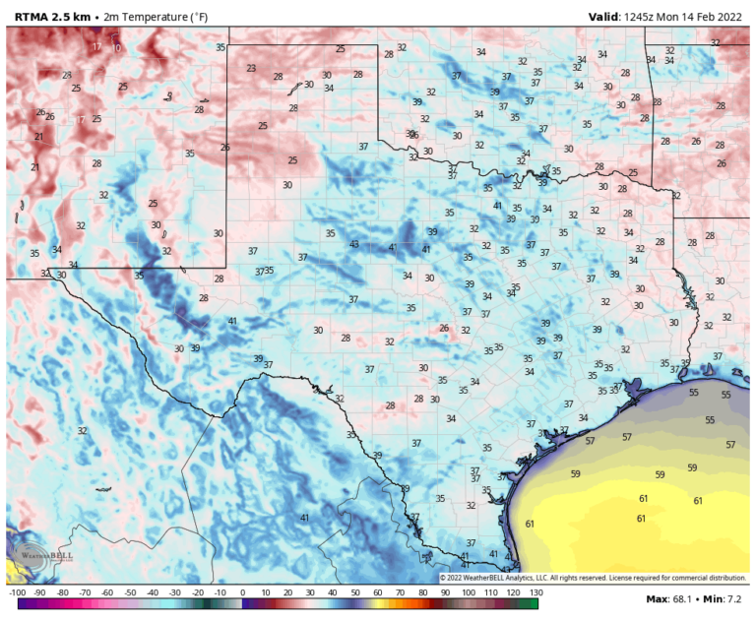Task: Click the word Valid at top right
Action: pyautogui.click(x=602, y=16)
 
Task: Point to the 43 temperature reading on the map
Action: pyautogui.click(x=354, y=244)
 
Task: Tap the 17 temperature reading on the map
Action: pyautogui.click(x=96, y=46)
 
